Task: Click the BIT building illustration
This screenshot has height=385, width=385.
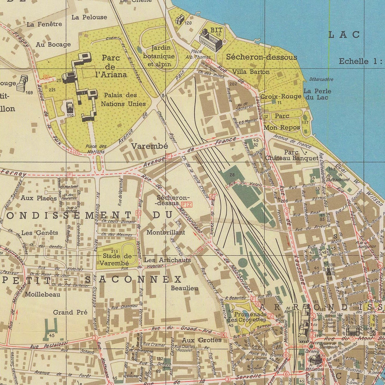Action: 210,40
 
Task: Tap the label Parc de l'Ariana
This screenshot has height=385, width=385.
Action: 111,66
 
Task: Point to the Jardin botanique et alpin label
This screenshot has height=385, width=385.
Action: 159,56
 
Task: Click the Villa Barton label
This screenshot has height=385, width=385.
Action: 251,72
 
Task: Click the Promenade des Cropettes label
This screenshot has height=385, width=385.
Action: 246,317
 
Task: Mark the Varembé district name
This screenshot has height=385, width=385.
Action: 149,146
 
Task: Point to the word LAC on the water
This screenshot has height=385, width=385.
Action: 344,35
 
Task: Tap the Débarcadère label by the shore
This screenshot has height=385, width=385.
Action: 321,79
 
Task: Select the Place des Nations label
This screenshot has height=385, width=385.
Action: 96,149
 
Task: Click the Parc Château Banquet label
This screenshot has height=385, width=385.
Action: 299,155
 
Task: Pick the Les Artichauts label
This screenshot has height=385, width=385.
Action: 167,260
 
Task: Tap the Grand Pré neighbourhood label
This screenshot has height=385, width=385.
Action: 70,312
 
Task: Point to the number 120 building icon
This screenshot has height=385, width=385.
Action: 180,19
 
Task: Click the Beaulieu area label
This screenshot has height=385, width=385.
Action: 185,288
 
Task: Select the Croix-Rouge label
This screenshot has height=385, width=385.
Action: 281,96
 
